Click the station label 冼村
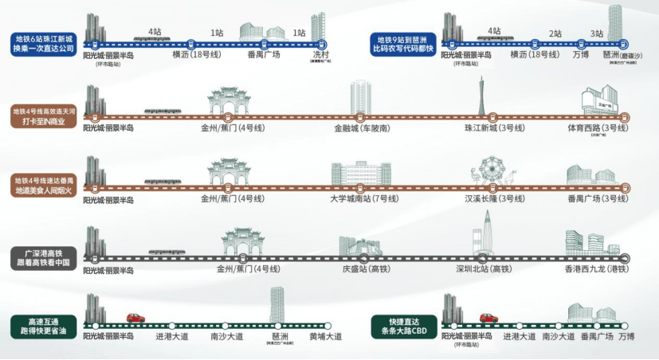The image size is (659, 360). (x=321, y=54)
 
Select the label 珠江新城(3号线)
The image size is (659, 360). (x=495, y=127)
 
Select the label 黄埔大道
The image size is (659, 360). (x=325, y=336)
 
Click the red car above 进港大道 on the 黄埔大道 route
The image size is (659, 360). (x=135, y=318)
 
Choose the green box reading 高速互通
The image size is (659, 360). (x=42, y=326)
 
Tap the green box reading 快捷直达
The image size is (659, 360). (x=403, y=326)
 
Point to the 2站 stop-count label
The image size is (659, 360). (x=555, y=33)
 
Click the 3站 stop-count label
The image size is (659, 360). (x=596, y=33)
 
